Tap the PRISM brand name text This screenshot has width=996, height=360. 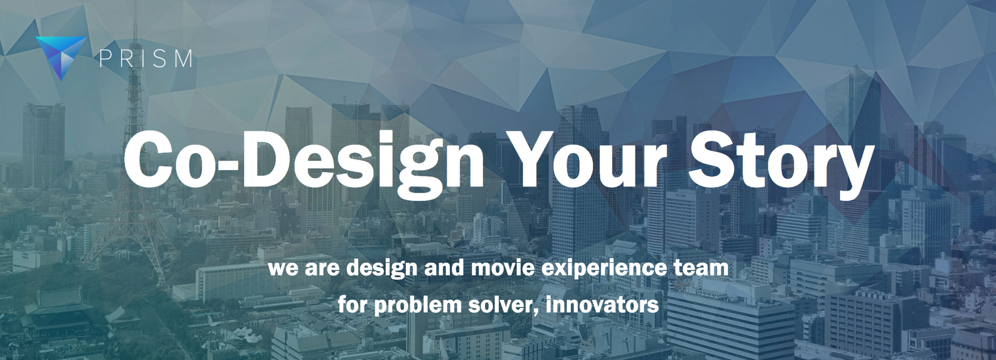pos(146,59)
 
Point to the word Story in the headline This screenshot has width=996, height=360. pos(781,163)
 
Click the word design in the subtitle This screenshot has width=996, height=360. pos(381,269)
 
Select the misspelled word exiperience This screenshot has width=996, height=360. pos(604,269)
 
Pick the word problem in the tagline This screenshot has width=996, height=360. pos(417,305)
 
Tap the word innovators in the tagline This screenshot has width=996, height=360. pos(602,304)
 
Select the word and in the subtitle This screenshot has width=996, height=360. pos(444,268)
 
